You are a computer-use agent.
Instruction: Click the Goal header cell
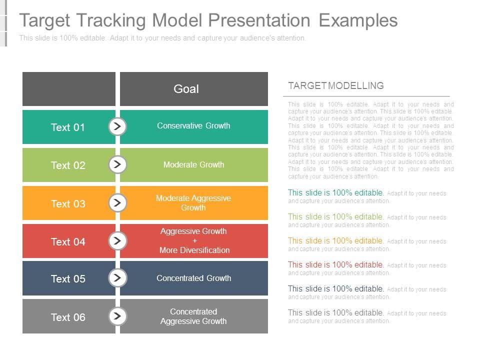pyautogui.click(x=194, y=89)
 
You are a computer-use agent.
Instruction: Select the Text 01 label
pyautogui.click(x=67, y=127)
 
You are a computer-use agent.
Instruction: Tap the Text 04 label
pyautogui.click(x=68, y=242)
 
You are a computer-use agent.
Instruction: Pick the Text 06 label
pyautogui.click(x=68, y=317)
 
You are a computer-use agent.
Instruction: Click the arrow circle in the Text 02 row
pyautogui.click(x=117, y=164)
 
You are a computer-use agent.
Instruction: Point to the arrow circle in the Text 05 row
pyautogui.click(x=117, y=278)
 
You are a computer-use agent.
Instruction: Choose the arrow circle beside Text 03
pyautogui.click(x=117, y=202)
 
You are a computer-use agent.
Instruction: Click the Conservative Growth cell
pyautogui.click(x=194, y=127)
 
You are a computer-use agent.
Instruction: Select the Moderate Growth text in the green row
pyautogui.click(x=194, y=164)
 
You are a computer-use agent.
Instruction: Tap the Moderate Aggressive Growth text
pyautogui.click(x=193, y=203)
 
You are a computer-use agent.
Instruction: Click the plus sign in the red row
pyautogui.click(x=194, y=241)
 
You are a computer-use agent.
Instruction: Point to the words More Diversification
pyautogui.click(x=194, y=250)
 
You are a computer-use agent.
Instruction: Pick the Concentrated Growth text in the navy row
pyautogui.click(x=194, y=278)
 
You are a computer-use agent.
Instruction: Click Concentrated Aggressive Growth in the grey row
pyautogui.click(x=193, y=316)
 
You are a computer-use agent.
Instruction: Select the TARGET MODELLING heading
pyautogui.click(x=336, y=85)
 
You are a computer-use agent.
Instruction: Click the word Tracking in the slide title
pyautogui.click(x=111, y=20)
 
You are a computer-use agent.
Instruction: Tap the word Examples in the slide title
pyautogui.click(x=358, y=20)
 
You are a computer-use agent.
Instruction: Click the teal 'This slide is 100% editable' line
pyautogui.click(x=335, y=192)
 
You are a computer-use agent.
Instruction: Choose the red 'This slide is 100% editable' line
pyautogui.click(x=335, y=264)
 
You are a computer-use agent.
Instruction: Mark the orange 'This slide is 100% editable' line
pyautogui.click(x=335, y=240)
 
